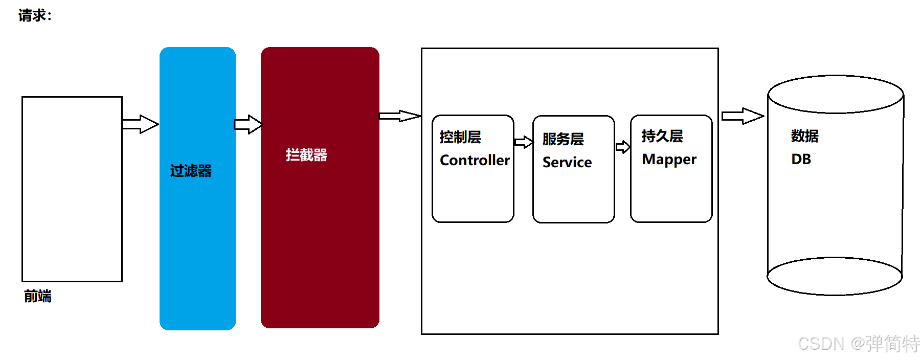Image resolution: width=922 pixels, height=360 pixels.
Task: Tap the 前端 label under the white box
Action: click(37, 296)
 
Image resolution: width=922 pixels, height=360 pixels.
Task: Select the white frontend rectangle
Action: click(72, 189)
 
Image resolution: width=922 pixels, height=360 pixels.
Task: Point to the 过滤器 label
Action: click(191, 171)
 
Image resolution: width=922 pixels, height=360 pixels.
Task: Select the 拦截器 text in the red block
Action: click(306, 155)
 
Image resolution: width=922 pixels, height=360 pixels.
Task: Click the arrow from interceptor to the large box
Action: click(399, 116)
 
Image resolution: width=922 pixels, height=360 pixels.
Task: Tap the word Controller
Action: click(475, 160)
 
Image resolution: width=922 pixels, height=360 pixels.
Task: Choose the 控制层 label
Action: click(460, 137)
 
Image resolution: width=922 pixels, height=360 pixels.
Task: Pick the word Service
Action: click(567, 162)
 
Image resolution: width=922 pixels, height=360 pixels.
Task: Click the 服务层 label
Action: click(563, 139)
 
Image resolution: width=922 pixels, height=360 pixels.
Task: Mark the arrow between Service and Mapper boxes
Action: click(623, 147)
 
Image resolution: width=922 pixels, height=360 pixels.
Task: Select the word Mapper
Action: click(669, 160)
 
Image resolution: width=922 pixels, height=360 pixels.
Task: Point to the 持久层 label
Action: click(662, 136)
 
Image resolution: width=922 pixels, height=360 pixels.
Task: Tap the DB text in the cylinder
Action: click(801, 159)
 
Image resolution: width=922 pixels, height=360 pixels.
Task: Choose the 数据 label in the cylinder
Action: click(804, 136)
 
